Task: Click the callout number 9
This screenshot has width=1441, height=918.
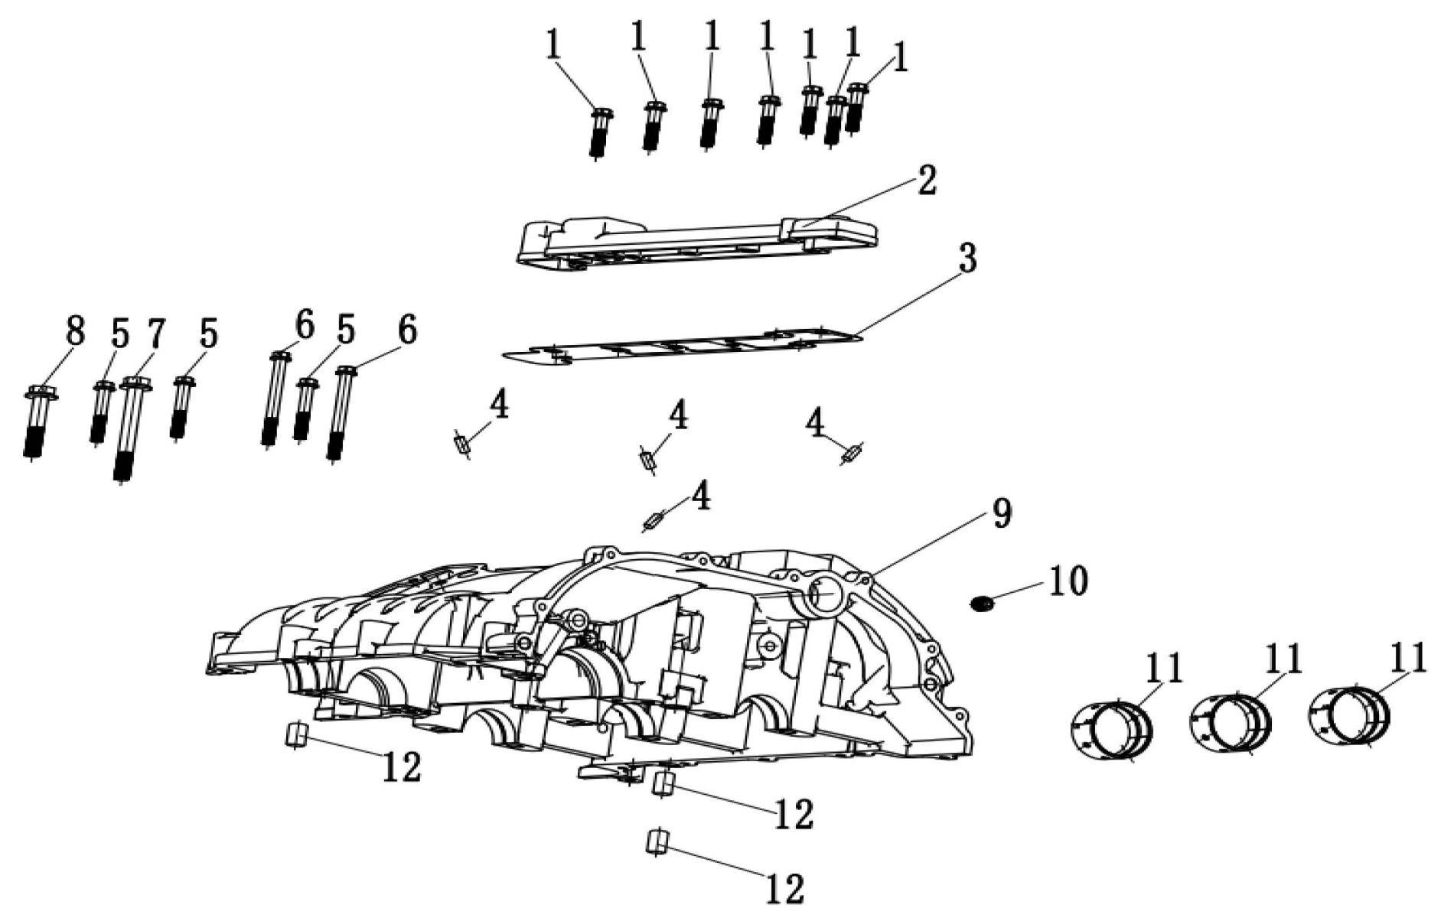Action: point(1000,513)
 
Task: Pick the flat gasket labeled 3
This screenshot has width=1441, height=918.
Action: point(683,347)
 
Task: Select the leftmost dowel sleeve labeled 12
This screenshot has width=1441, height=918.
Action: point(296,736)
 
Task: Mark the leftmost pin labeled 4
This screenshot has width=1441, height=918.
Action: point(461,445)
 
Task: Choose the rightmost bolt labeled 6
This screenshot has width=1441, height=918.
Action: point(340,415)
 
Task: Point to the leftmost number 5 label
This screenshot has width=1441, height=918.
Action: point(119,334)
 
